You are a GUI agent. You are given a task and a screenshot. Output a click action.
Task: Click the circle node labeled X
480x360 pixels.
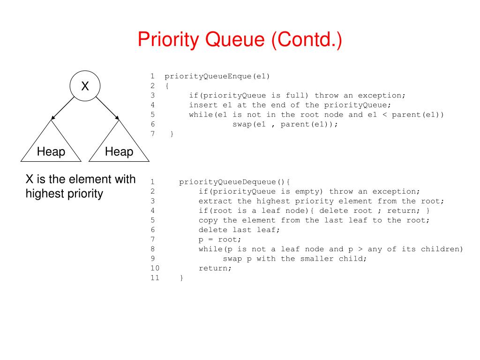coord(85,86)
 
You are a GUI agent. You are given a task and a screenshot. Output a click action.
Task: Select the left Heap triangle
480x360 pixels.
coord(51,146)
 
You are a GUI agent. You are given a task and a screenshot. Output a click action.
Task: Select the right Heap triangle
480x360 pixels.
coord(119,146)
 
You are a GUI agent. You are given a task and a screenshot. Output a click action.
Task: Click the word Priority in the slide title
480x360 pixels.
coord(169,39)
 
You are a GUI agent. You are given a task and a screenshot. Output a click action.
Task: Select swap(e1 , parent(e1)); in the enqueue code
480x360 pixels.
coord(285,124)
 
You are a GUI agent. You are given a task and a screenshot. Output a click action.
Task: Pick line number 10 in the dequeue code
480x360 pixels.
coord(155,268)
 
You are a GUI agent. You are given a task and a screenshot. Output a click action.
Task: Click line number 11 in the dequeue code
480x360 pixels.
coord(155,278)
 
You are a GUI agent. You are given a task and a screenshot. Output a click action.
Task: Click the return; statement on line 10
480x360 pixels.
coord(215,268)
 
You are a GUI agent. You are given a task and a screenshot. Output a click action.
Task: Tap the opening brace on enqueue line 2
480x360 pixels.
coord(167,86)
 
